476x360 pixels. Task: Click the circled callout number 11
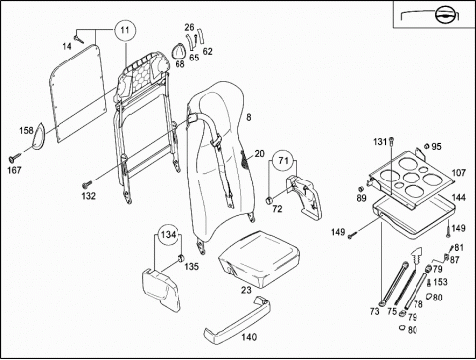125,30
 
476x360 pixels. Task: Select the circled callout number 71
283,161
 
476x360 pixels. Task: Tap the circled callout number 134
169,235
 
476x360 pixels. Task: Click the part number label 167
14,170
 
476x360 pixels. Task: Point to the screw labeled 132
88,182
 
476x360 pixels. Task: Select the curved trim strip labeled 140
238,320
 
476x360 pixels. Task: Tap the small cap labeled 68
178,51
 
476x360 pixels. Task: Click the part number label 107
459,173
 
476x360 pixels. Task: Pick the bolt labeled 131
391,141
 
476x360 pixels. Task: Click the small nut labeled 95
427,146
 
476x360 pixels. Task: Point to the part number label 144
459,197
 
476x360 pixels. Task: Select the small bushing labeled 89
362,189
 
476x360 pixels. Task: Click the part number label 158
26,130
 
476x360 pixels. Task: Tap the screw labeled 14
79,40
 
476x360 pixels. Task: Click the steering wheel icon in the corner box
444,14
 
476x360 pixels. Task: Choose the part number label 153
440,282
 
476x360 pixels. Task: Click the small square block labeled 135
181,257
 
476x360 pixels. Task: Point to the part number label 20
260,154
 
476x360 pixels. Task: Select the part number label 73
374,311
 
